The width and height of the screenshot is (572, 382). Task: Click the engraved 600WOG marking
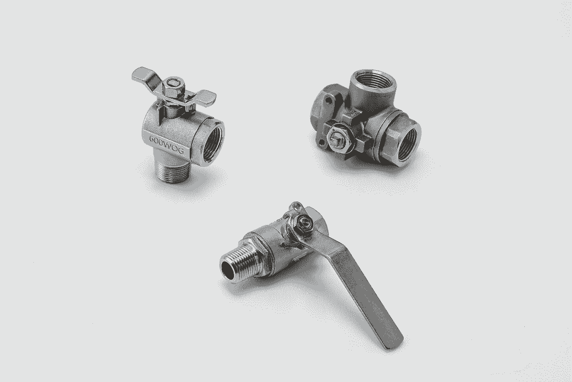166,145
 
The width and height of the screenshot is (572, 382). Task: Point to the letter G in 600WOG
180,150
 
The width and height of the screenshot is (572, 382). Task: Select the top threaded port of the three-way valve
373,81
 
